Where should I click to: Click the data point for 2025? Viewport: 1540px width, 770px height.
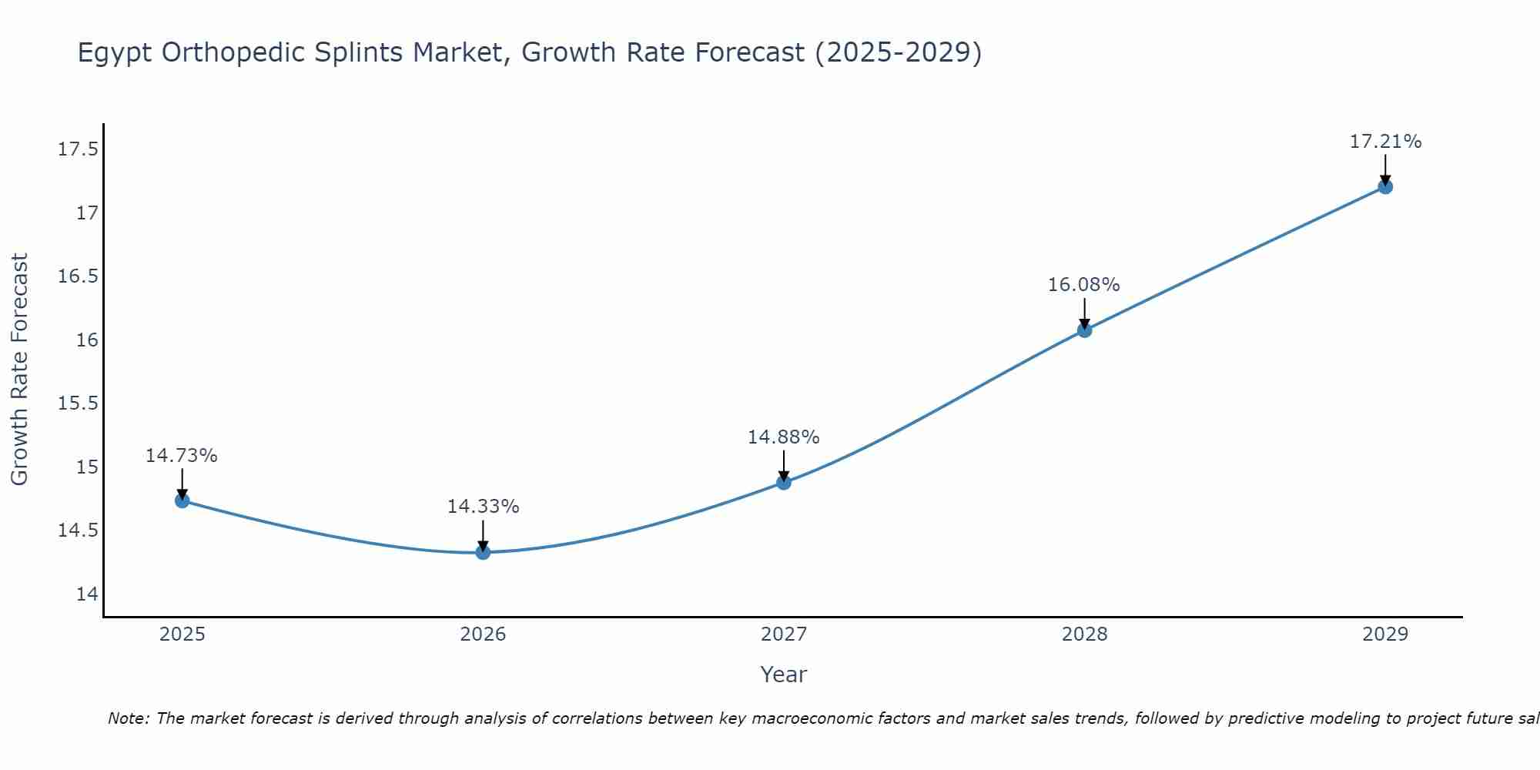pos(182,500)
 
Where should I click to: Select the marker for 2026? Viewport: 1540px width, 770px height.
pos(483,552)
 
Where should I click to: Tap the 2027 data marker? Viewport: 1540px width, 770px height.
pos(784,482)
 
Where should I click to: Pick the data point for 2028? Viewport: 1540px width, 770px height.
pos(1084,330)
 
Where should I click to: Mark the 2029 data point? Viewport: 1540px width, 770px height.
pos(1385,186)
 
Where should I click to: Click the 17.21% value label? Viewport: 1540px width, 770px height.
pos(1385,142)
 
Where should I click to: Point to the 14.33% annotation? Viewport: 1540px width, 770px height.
pos(483,507)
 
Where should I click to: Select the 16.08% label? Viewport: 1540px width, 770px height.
pos(1083,285)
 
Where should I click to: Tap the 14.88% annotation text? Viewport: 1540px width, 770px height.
pos(783,437)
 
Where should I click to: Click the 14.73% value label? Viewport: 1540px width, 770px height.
pos(182,456)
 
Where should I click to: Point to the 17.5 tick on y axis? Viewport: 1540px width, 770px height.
pos(79,149)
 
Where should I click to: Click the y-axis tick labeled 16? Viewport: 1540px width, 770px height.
pos(87,340)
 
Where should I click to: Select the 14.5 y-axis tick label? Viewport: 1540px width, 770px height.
pos(79,531)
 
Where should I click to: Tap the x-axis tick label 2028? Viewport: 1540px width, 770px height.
pos(1084,634)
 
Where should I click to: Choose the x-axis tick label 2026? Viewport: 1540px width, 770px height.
pos(483,634)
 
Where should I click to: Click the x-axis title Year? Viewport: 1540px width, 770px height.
pos(783,675)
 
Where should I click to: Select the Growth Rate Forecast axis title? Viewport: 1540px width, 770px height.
pos(20,370)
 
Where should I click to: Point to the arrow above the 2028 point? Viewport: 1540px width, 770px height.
pos(1084,312)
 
